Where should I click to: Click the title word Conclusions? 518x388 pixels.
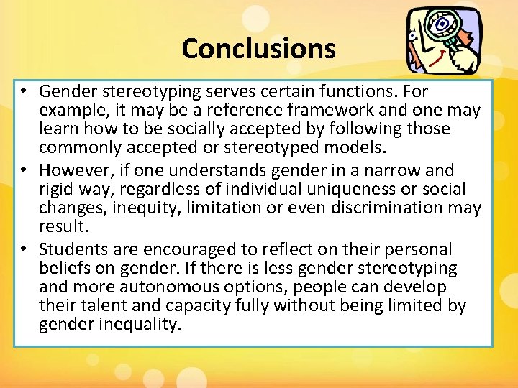[x=258, y=49]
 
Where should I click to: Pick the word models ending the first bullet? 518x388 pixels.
[x=357, y=148]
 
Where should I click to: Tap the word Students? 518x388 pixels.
[x=73, y=249]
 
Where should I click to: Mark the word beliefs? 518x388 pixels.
[x=64, y=268]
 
